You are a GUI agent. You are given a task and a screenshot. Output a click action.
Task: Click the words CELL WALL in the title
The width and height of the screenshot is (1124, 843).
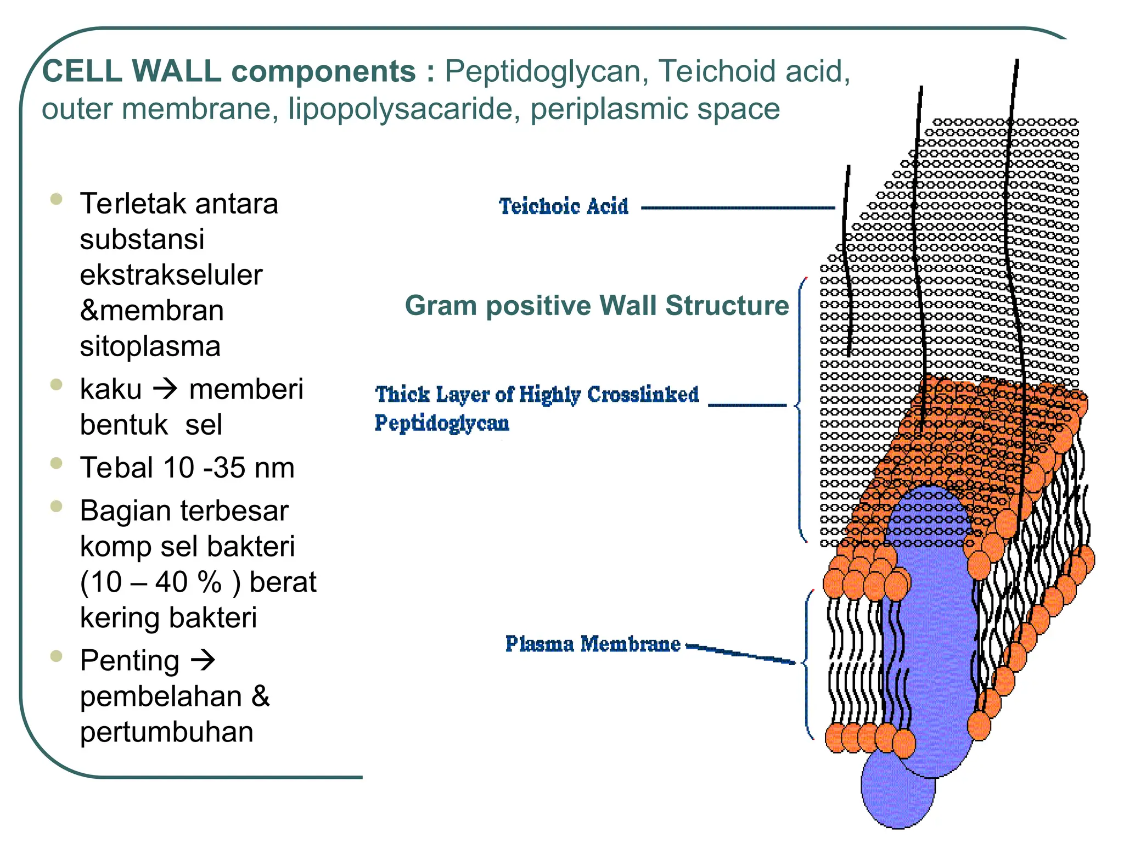click(132, 71)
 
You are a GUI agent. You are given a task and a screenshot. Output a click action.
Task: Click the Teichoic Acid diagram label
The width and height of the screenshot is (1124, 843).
click(564, 206)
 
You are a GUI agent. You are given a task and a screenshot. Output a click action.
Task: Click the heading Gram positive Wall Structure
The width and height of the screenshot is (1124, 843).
click(597, 305)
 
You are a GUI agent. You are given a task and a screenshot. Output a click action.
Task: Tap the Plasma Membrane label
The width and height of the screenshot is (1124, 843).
click(593, 644)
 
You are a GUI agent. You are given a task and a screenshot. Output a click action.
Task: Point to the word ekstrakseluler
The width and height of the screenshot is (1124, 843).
click(171, 274)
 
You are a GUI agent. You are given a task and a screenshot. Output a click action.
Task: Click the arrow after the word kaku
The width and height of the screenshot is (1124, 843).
click(165, 389)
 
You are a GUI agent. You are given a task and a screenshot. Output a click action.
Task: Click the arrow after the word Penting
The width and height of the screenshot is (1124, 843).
click(203, 660)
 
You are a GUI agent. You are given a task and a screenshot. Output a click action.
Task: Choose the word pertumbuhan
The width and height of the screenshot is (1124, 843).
click(167, 732)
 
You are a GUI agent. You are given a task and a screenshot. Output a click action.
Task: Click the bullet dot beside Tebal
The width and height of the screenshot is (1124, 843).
click(56, 463)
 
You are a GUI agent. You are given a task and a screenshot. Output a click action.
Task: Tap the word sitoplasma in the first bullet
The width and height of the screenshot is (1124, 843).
click(150, 346)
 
